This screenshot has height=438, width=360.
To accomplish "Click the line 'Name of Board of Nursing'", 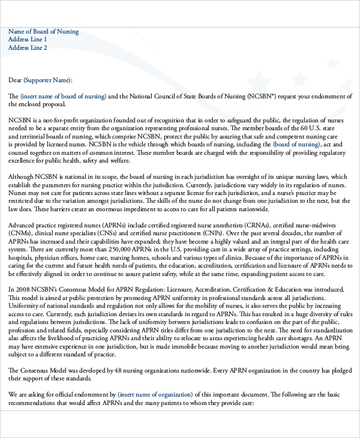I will point(43,32).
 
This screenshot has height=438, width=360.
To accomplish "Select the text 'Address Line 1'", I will point(28,40).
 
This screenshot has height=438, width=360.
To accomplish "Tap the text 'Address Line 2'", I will point(28,48).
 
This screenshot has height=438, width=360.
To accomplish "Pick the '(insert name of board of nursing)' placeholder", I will point(64,96).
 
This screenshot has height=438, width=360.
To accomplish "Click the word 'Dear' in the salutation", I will point(15,80).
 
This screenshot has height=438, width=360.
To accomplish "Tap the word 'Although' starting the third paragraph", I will point(22,176).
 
